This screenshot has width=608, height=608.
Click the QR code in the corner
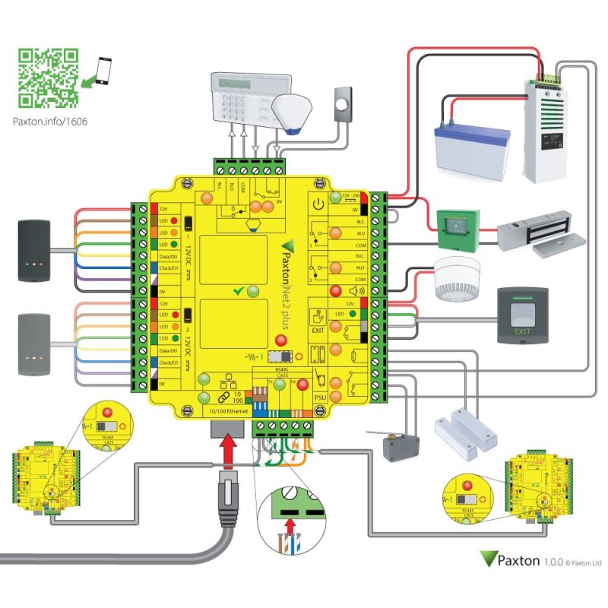pos(48,78)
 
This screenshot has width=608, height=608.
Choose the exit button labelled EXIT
pos(521,313)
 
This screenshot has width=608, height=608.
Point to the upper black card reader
pos(36,251)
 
